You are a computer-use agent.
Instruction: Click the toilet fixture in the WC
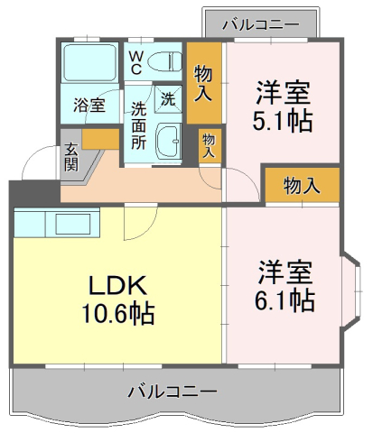164,62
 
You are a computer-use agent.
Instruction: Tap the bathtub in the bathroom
89,63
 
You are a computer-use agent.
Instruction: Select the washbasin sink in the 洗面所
168,142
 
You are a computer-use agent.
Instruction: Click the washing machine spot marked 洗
168,99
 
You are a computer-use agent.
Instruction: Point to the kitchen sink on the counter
73,224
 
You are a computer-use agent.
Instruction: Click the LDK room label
117,285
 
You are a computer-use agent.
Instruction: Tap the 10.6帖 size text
118,314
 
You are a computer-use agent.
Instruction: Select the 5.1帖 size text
282,121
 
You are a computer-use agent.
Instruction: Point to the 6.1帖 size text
284,299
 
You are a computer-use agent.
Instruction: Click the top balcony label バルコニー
261,24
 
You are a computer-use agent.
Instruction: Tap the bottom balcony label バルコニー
173,392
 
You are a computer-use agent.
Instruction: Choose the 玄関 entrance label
71,157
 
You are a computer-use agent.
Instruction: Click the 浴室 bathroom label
89,106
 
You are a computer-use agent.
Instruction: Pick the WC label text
135,62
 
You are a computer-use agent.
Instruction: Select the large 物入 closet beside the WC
204,83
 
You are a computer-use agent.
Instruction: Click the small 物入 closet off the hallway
210,146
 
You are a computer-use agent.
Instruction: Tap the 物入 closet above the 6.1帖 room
302,185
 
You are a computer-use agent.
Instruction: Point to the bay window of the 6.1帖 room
351,291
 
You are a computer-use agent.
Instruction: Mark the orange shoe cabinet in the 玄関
100,139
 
